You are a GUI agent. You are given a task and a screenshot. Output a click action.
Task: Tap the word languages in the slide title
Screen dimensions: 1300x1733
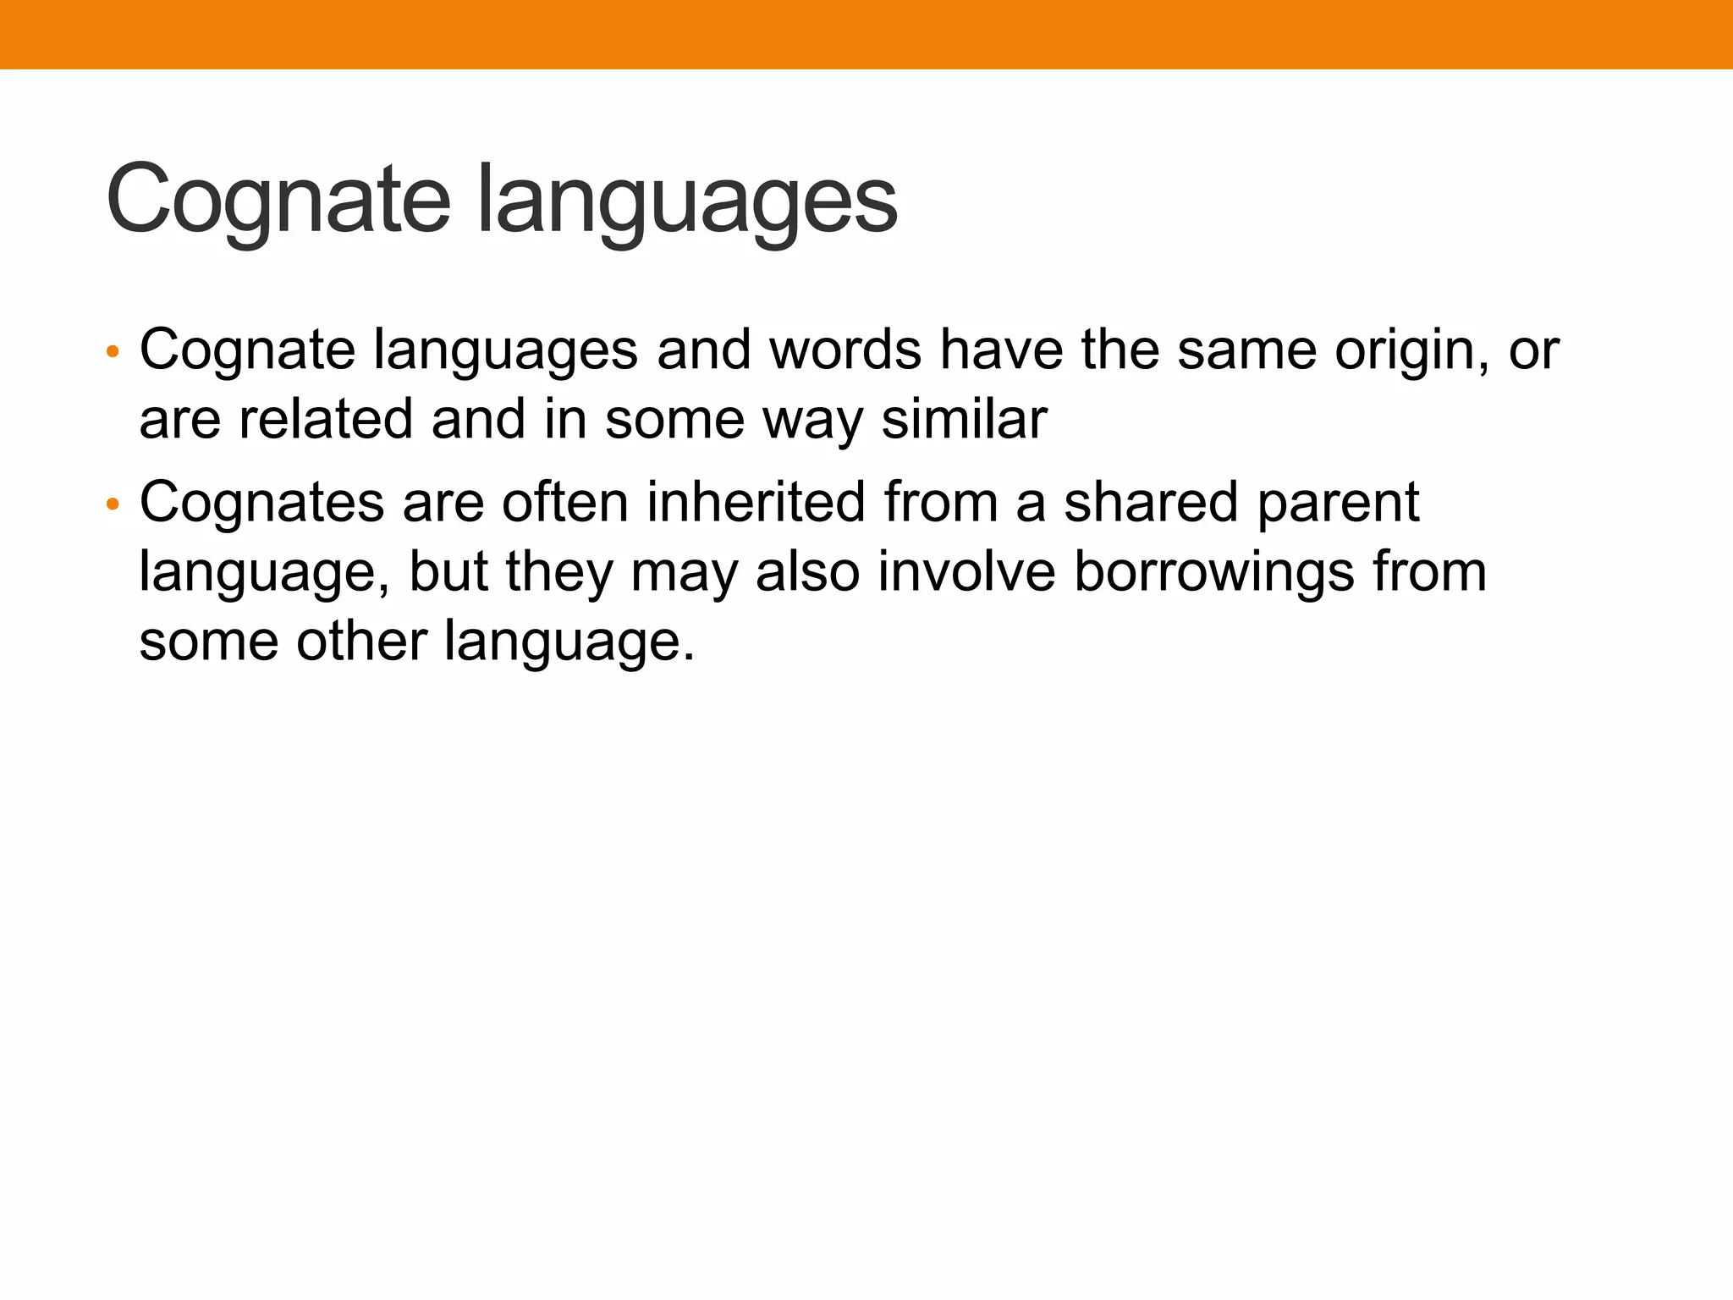tap(686, 203)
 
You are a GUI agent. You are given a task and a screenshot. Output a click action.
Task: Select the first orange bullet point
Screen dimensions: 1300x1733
tap(113, 351)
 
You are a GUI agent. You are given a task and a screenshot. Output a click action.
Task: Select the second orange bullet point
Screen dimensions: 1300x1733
tap(113, 505)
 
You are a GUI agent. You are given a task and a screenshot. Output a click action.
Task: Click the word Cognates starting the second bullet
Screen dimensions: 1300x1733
tap(261, 503)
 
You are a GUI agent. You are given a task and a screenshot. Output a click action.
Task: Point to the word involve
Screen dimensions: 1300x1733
tap(966, 571)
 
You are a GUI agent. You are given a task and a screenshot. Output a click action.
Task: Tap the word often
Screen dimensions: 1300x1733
tap(565, 502)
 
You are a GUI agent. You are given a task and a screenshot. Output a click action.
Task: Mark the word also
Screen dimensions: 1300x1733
tap(807, 571)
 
